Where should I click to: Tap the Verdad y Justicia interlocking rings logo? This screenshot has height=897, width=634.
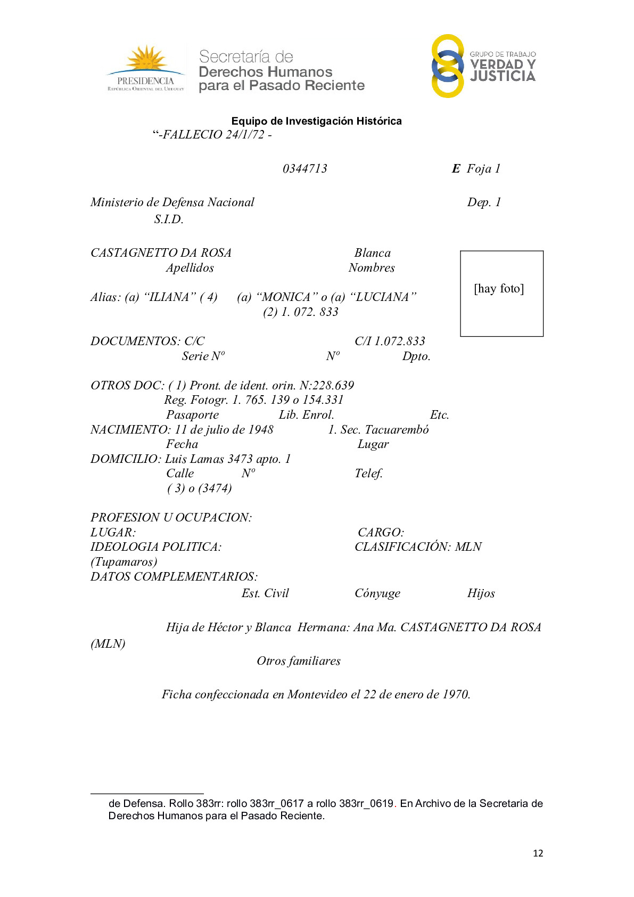tap(448, 66)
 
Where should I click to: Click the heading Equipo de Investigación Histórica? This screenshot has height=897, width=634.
tap(317, 121)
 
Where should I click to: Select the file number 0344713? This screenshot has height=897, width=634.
tap(305, 169)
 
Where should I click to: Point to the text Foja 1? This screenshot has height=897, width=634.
tap(483, 169)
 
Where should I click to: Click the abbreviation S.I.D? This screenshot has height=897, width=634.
tap(169, 219)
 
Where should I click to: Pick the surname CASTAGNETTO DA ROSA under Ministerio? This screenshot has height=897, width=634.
tap(161, 252)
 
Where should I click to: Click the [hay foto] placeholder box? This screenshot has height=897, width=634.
tap(501, 293)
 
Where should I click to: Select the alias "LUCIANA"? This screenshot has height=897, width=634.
tap(383, 297)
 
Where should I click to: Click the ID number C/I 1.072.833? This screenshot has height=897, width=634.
tap(390, 341)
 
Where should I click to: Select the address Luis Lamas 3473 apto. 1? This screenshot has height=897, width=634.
tap(228, 459)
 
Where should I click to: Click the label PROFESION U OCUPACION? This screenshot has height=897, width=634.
tap(171, 517)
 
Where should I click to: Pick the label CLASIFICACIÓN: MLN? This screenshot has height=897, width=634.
tap(418, 547)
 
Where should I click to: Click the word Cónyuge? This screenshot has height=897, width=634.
tap(377, 593)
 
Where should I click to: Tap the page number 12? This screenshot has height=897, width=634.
tap(538, 853)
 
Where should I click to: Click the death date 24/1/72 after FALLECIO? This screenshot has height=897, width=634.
tap(245, 135)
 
